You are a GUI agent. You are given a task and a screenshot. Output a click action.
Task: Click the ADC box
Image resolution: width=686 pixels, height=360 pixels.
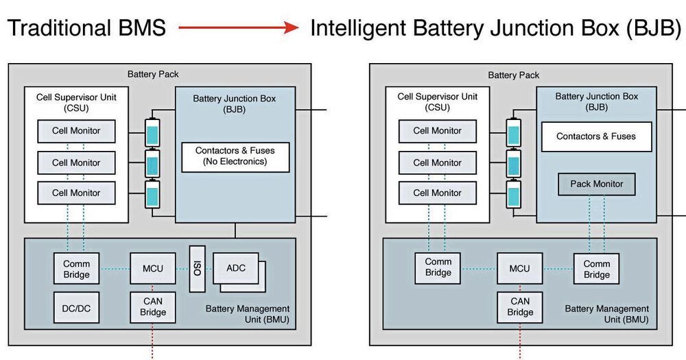pos(236,269)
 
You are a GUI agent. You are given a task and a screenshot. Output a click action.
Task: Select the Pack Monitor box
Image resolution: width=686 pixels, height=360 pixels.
pos(596,184)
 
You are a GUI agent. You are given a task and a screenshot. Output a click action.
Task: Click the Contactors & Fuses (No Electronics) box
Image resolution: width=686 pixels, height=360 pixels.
pos(235,156)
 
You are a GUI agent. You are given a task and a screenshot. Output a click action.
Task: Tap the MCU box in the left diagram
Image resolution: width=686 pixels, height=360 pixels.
pos(153,268)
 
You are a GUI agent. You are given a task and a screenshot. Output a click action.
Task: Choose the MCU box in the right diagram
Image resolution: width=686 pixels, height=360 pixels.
pos(519,268)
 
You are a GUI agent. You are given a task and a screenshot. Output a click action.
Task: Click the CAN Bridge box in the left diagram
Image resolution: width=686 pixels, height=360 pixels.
pos(153,307)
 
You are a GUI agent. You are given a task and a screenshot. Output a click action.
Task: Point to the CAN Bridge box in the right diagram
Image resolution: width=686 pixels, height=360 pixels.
pos(519,307)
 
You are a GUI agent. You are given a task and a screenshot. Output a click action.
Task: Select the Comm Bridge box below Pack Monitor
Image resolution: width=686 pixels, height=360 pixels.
pos(596,269)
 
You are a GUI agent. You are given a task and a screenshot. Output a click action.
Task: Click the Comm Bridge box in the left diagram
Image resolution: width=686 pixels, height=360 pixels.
pos(76,269)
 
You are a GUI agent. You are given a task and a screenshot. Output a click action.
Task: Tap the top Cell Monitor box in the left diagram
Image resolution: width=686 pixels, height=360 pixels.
pos(76,130)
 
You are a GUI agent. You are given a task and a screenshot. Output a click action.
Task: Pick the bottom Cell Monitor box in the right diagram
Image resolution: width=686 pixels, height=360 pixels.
pos(437,193)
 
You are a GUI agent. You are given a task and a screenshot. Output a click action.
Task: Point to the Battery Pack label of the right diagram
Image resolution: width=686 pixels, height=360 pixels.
pos(513,75)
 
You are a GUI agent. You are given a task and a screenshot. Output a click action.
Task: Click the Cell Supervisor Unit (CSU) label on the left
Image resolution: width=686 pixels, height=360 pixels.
pos(76,102)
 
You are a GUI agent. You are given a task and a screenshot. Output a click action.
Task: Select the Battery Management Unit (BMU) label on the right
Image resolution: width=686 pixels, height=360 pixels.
pos(606,314)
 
